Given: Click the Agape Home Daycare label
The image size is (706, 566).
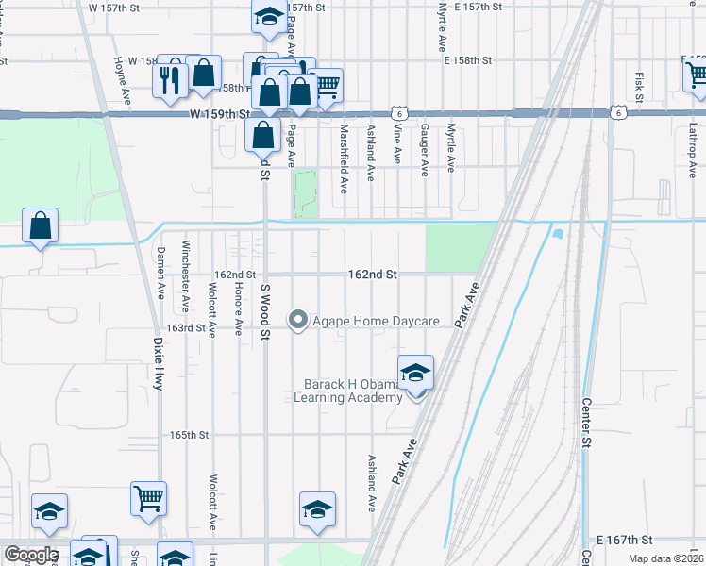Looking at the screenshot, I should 377,322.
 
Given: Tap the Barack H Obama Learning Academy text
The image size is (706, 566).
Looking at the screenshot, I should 353,391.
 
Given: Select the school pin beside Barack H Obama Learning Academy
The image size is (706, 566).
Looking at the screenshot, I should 415,375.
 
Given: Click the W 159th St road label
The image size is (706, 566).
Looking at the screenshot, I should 219,113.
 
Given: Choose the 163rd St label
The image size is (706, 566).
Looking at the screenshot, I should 186,328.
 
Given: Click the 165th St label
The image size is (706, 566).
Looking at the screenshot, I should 189,436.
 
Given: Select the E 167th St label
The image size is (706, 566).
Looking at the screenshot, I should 625,541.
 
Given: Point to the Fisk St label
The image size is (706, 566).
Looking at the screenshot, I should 639,88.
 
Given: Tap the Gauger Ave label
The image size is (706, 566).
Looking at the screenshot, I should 425,149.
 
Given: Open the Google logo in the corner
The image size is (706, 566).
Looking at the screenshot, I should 30,555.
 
